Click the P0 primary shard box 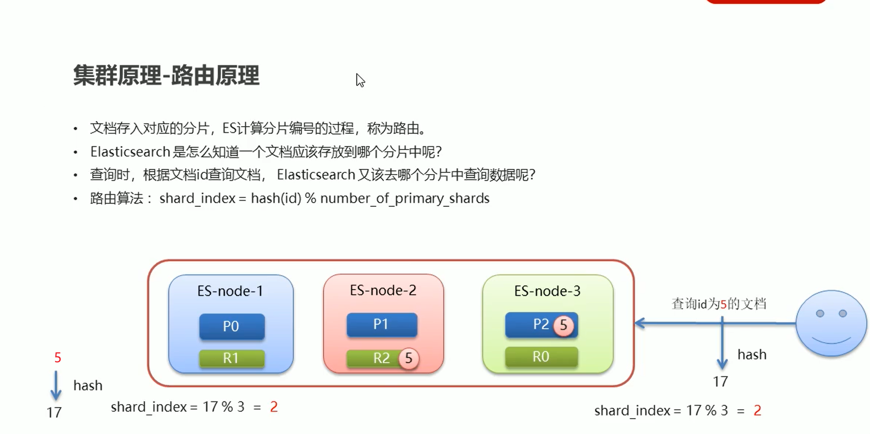(232, 326)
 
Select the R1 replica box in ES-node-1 (231, 358)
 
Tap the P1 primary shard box (382, 324)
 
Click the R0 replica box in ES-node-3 (541, 357)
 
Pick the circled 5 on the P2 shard (563, 325)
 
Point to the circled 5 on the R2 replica (409, 358)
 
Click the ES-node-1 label (230, 291)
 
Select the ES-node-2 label (383, 291)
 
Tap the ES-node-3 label (547, 291)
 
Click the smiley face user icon (831, 323)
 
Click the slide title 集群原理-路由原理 (166, 76)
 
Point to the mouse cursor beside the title (360, 80)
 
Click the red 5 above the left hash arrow (58, 358)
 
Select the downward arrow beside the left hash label (56, 386)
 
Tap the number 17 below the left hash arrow (54, 413)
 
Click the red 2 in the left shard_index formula (274, 407)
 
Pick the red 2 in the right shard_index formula (757, 410)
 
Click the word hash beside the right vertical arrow (752, 355)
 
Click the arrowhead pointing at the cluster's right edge (641, 323)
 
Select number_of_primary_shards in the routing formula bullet (405, 199)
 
